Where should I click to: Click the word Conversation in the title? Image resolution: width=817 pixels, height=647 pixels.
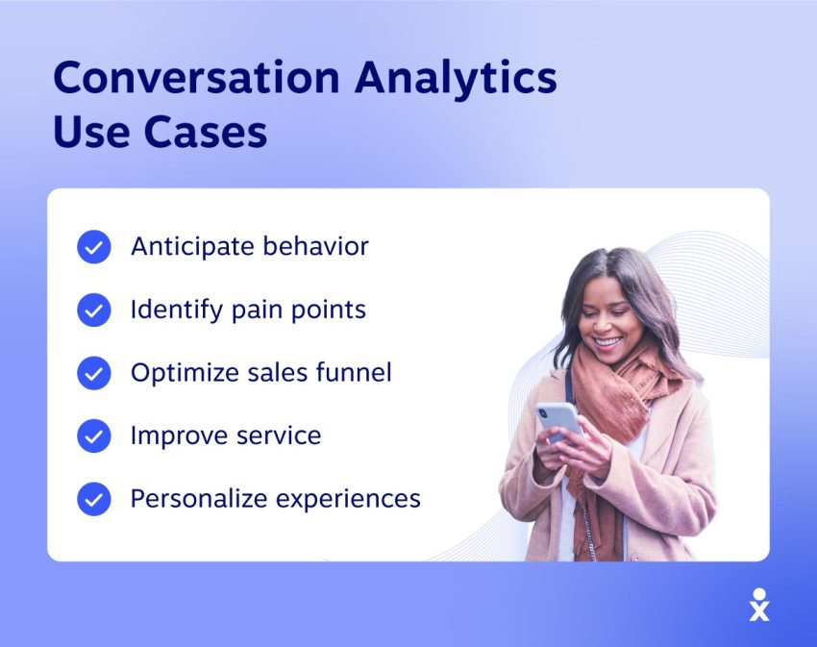(196, 77)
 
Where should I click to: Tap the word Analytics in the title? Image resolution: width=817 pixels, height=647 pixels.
(456, 80)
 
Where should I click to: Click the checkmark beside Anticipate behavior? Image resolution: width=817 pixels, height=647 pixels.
(94, 247)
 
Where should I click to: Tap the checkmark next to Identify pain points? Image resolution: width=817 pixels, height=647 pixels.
(94, 310)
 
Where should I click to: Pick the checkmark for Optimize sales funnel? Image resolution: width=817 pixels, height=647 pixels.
(94, 373)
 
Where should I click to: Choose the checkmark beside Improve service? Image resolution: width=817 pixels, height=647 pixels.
(94, 435)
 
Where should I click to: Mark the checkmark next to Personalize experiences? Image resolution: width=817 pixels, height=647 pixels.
(94, 499)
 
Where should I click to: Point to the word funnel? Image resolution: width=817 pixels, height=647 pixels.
(354, 372)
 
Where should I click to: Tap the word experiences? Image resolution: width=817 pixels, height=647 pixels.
(348, 500)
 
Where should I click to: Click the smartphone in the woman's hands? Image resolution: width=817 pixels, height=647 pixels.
(558, 420)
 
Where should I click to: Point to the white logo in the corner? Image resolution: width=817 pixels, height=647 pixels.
(759, 605)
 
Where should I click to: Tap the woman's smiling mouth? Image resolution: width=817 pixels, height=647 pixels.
(608, 342)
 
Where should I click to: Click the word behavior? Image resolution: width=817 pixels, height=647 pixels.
(316, 246)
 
